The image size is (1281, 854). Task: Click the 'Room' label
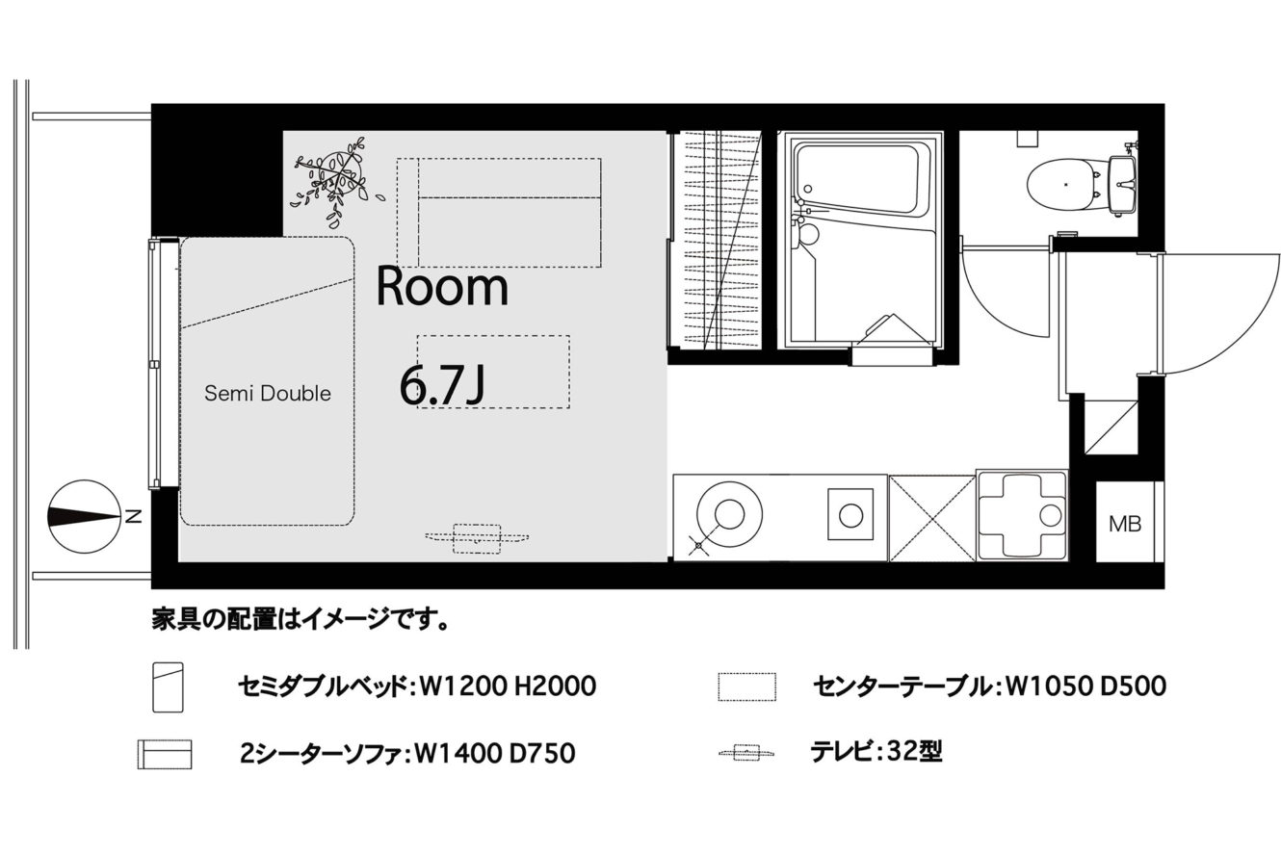tap(442, 287)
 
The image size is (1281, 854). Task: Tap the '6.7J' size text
tap(442, 385)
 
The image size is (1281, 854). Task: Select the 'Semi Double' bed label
tap(268, 393)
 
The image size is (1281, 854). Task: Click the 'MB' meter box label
tap(1125, 524)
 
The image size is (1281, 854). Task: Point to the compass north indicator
tap(86, 516)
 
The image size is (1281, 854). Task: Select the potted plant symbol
tap(337, 181)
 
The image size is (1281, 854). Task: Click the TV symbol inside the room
tap(477, 538)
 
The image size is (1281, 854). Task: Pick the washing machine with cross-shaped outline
tap(1022, 515)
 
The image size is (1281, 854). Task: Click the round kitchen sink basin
tap(729, 514)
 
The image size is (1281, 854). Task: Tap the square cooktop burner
tap(850, 514)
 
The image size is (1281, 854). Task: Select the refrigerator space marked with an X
tap(932, 518)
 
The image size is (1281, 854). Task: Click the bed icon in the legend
tap(169, 687)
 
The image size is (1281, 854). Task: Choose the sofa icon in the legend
tap(165, 755)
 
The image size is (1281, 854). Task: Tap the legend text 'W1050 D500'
tap(1085, 686)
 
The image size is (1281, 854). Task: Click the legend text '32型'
tap(914, 752)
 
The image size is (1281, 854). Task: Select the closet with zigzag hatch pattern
tap(715, 240)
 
